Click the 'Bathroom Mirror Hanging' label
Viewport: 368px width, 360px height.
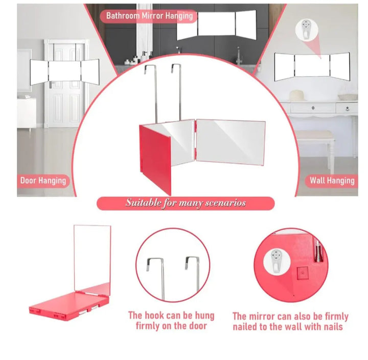coord(149,16)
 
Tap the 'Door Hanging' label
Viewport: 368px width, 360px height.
coord(43,181)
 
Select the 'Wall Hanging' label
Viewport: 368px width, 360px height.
coord(332,181)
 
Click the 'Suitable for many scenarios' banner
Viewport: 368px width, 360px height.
coord(186,203)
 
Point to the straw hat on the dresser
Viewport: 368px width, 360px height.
coord(297,95)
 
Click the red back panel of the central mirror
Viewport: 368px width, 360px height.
coord(155,159)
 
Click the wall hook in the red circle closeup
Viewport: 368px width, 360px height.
coord(277,262)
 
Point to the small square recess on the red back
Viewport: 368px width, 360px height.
coord(303,273)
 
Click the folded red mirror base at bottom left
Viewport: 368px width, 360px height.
coord(69,305)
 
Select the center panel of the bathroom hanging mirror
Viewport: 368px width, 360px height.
coord(216,23)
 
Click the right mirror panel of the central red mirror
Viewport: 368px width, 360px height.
coord(231,142)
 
